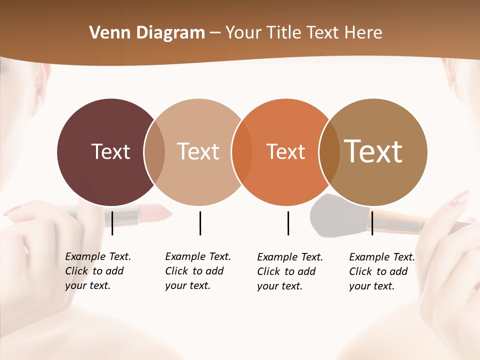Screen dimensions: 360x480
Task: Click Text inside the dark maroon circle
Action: tap(110, 151)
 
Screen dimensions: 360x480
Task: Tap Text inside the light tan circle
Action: tap(198, 151)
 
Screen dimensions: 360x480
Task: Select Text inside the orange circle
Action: tap(285, 152)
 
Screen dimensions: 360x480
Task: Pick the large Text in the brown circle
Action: tap(373, 151)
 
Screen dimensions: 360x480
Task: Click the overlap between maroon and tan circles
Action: tap(155, 152)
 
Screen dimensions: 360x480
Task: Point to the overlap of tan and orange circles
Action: tap(242, 152)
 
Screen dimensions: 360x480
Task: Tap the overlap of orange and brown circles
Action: tap(329, 152)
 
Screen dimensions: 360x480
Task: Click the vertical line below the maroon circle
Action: tap(112, 223)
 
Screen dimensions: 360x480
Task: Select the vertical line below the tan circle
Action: tap(200, 223)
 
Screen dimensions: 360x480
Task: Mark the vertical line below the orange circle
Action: tap(288, 223)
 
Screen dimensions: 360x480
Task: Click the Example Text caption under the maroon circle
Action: tap(98, 271)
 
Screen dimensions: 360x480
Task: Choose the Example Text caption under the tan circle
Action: tap(198, 271)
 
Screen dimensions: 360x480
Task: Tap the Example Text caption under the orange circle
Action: tap(290, 271)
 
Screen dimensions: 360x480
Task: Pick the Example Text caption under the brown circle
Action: tap(382, 271)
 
